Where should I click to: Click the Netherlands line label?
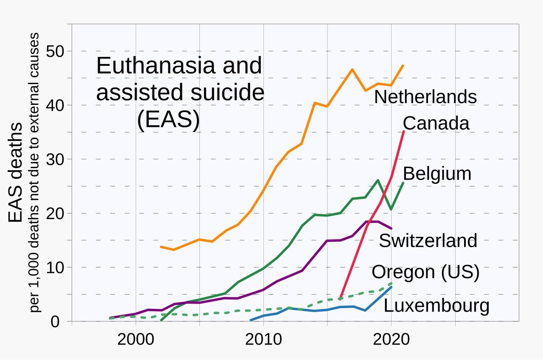(x=425, y=97)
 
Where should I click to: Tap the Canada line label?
(x=436, y=123)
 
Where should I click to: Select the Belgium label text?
(x=437, y=174)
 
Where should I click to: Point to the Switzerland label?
(x=428, y=241)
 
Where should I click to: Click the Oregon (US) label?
(x=425, y=272)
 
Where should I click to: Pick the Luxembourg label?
(x=436, y=306)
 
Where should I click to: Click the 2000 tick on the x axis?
(x=135, y=340)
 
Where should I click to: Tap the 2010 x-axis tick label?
(x=263, y=340)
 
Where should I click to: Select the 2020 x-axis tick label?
(x=391, y=340)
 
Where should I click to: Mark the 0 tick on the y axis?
(x=55, y=322)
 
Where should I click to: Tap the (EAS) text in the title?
(x=168, y=120)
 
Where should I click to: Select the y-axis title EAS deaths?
(x=15, y=173)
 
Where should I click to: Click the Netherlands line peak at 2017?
(x=352, y=69)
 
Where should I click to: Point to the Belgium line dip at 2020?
(x=391, y=209)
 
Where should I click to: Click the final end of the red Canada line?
(x=403, y=132)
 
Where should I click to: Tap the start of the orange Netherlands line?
(x=161, y=247)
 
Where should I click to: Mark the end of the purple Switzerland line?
(x=391, y=228)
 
